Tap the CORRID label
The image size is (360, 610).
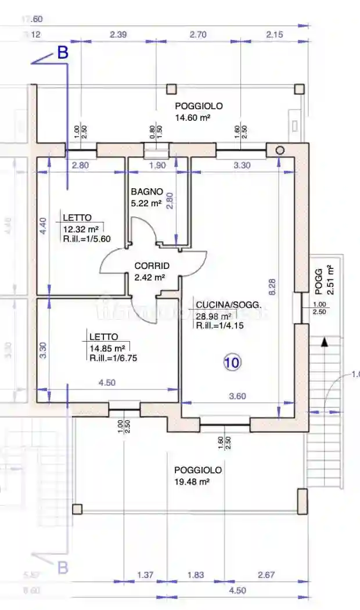click(x=152, y=266)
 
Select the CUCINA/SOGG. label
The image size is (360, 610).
click(x=228, y=305)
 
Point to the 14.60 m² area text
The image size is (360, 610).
click(x=192, y=117)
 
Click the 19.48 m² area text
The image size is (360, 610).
click(x=192, y=482)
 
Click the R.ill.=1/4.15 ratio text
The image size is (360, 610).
click(x=220, y=326)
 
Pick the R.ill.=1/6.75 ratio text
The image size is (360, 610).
click(x=113, y=358)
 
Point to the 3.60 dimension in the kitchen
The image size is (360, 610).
click(x=237, y=396)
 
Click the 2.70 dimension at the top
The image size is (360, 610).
click(x=198, y=35)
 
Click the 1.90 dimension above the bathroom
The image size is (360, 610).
click(x=158, y=166)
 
